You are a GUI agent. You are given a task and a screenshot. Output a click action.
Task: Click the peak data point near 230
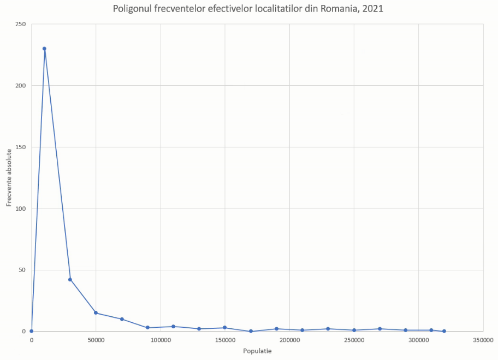click(x=44, y=49)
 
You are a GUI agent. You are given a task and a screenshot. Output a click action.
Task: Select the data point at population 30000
click(x=70, y=280)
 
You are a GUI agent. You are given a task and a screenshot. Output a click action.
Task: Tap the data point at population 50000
click(x=96, y=313)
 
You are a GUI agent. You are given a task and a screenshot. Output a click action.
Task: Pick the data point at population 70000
click(x=122, y=319)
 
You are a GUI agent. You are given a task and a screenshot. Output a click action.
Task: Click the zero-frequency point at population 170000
click(x=251, y=331)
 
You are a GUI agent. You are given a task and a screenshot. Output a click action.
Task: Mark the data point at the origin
click(x=31, y=331)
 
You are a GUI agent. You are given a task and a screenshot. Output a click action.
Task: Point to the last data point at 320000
click(x=444, y=331)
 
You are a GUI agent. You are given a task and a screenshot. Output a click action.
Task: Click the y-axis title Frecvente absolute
click(x=9, y=178)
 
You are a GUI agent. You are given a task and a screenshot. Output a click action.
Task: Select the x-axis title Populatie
click(x=257, y=351)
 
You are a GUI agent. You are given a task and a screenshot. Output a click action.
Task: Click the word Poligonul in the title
click(x=132, y=9)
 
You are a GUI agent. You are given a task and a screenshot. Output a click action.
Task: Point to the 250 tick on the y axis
click(x=21, y=24)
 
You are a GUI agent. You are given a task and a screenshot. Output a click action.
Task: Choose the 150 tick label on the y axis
click(x=21, y=147)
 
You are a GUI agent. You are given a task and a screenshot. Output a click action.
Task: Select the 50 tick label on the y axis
click(x=22, y=270)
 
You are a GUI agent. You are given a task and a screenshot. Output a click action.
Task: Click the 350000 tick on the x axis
click(x=483, y=340)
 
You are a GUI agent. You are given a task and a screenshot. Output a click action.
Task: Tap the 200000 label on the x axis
click(x=289, y=340)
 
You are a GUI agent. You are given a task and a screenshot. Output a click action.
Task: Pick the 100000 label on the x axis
click(x=161, y=340)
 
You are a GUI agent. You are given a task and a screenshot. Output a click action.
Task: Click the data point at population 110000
click(x=173, y=327)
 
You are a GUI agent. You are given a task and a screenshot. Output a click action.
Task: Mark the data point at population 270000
click(x=380, y=329)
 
